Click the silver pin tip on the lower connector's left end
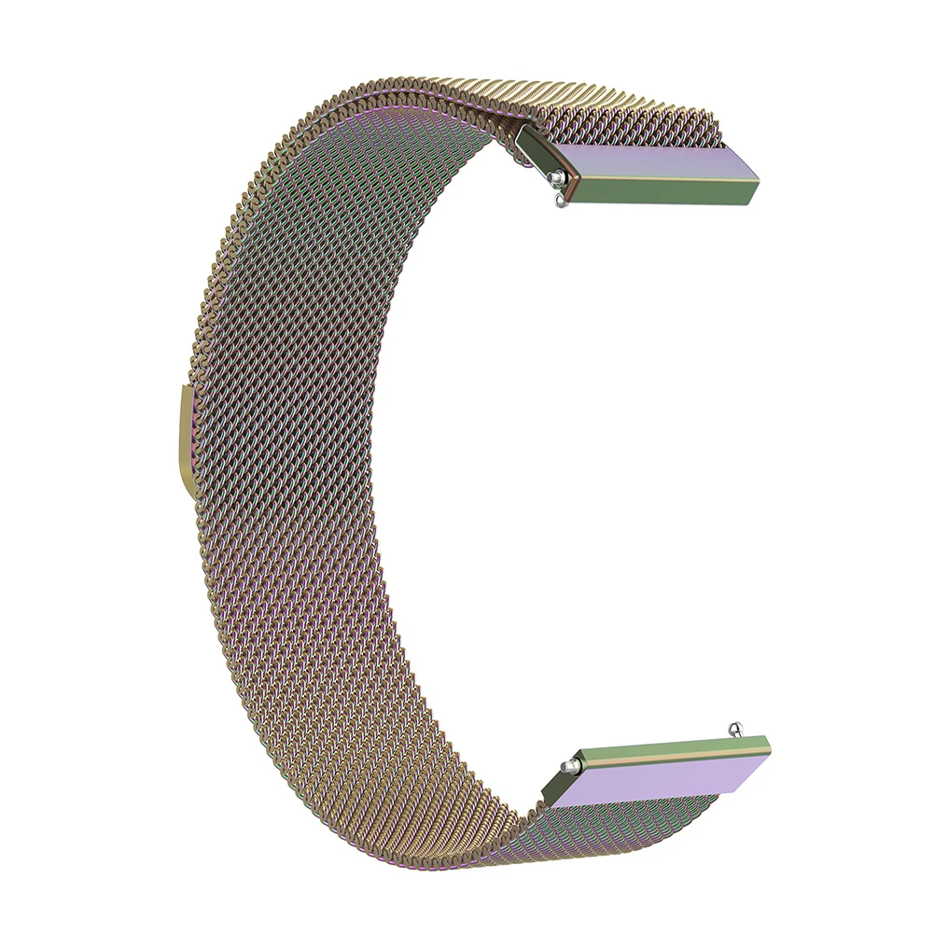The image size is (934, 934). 565,767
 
